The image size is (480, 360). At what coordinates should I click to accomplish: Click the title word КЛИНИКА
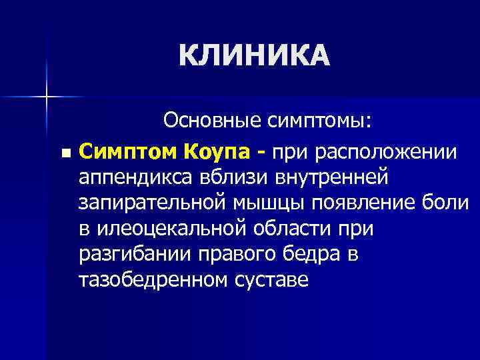(254, 56)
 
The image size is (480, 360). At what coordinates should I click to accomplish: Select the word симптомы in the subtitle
(322, 122)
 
